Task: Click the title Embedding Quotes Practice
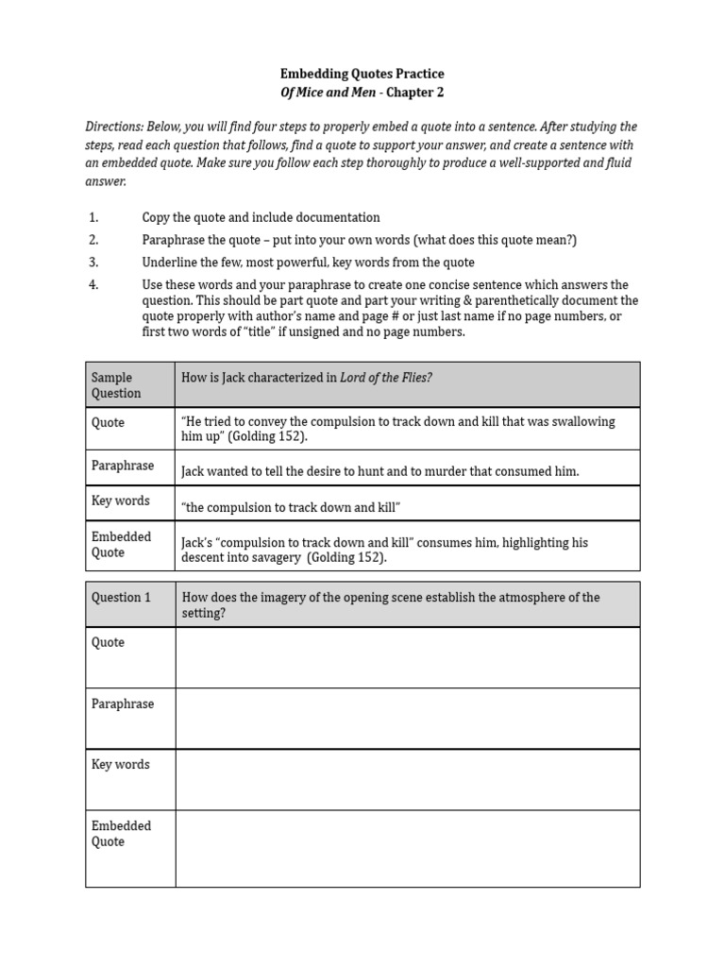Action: pyautogui.click(x=362, y=74)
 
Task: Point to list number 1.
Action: pyautogui.click(x=93, y=217)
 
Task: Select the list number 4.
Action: pyautogui.click(x=93, y=285)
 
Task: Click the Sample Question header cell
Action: pyautogui.click(x=129, y=385)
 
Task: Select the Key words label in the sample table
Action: pyautogui.click(x=120, y=500)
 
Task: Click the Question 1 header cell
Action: pyautogui.click(x=129, y=598)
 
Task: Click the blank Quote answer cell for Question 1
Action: pyautogui.click(x=407, y=657)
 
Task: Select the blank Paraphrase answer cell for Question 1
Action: pyautogui.click(x=407, y=719)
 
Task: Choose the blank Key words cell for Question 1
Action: pyautogui.click(x=407, y=779)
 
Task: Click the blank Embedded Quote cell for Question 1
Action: pyautogui.click(x=407, y=848)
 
